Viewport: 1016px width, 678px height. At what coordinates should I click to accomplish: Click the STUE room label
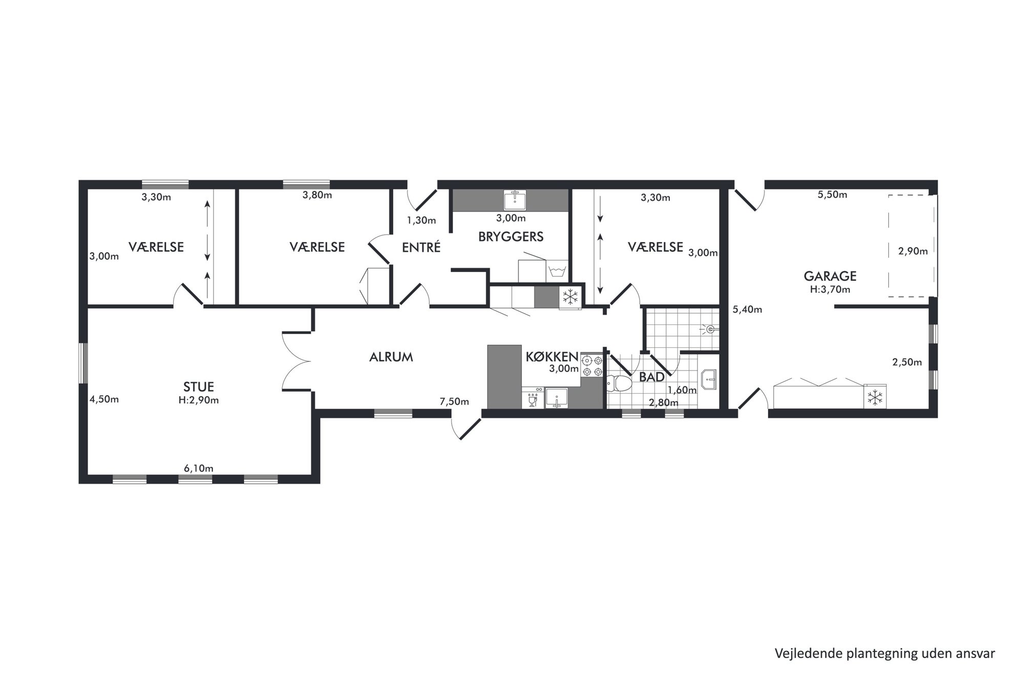(x=199, y=386)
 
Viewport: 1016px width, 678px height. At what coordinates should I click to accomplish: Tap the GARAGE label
(x=830, y=276)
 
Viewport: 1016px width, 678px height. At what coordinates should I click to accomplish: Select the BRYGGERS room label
(x=511, y=236)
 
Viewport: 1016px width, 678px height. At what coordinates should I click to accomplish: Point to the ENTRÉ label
(x=421, y=247)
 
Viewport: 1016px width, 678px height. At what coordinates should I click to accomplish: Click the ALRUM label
(x=391, y=357)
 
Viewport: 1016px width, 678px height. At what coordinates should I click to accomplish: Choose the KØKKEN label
(x=552, y=357)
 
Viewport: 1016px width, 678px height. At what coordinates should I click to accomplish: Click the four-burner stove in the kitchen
(x=592, y=366)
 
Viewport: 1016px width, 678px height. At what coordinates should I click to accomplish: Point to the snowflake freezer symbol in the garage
(x=875, y=397)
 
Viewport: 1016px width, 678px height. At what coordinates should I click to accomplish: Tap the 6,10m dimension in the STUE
(x=199, y=468)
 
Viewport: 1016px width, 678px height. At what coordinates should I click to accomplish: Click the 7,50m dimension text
(x=454, y=402)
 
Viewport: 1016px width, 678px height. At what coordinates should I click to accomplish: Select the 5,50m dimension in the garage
(x=832, y=195)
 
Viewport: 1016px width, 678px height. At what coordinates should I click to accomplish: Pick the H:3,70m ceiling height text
(x=830, y=290)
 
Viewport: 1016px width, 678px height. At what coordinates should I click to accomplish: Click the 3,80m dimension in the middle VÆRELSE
(x=317, y=195)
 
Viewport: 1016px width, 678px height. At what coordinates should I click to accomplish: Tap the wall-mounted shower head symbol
(x=710, y=328)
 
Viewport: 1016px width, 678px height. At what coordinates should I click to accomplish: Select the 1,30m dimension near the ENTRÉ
(x=421, y=220)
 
